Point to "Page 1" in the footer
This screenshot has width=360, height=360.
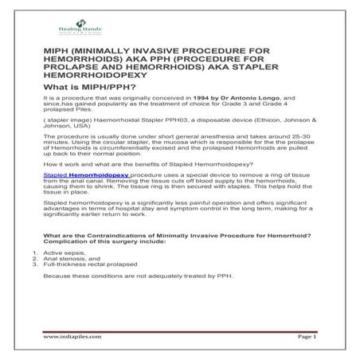point(306,337)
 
